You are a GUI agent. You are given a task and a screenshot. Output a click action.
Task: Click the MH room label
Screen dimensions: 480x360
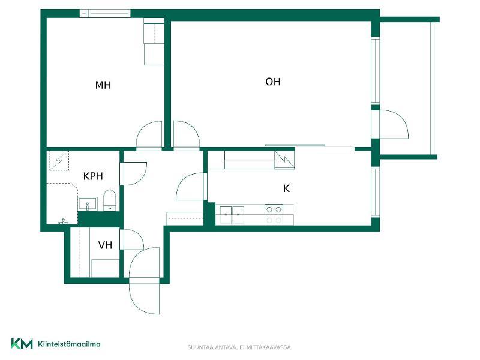103,85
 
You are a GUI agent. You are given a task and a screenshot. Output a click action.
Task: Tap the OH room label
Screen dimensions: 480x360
273,82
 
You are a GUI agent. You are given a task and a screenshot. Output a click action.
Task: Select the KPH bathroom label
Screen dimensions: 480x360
93,176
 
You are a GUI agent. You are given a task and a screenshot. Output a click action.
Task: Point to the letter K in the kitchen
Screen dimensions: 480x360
286,188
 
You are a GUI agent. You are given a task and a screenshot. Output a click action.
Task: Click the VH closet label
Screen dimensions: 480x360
105,245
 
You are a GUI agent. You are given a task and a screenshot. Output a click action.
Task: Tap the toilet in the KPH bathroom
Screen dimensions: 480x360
110,200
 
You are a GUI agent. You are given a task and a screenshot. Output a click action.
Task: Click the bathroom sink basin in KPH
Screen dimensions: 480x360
88,204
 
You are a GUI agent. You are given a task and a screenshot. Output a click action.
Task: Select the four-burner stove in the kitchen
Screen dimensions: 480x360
274,215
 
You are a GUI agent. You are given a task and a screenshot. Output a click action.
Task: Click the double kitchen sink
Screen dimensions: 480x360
232,214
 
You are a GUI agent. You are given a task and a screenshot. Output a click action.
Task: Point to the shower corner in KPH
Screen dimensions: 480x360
59,160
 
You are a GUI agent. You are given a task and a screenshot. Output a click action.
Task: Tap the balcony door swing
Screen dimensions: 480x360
394,125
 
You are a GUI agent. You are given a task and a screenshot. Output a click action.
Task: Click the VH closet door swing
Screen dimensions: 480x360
133,239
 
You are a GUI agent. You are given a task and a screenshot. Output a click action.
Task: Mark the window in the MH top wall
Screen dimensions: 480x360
104,13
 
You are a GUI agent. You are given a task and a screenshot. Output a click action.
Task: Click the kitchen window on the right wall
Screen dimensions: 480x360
376,191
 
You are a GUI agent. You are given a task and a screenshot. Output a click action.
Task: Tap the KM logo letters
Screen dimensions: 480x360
22,343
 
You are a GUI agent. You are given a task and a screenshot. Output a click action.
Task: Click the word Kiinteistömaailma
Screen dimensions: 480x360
69,344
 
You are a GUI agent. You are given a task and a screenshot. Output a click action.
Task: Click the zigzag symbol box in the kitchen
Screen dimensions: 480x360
284,160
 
